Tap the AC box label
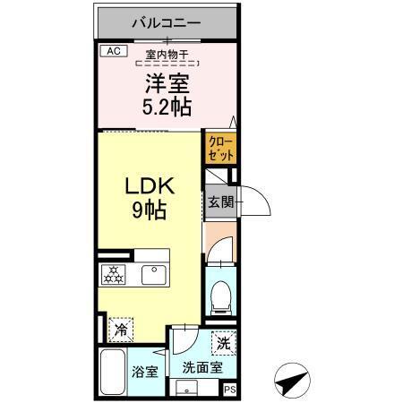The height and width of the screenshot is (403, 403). click(x=112, y=52)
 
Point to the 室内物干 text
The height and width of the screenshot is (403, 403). click(x=167, y=56)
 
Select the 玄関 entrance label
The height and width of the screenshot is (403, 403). click(x=220, y=202)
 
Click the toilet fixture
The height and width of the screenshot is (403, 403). click(x=220, y=294)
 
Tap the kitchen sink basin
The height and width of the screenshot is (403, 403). click(x=156, y=274)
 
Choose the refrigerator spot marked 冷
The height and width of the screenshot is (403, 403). click(x=120, y=329)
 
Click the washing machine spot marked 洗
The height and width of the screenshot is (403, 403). click(x=223, y=340)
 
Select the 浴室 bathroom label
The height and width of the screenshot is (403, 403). click(x=144, y=371)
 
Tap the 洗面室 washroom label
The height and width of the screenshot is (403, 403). click(x=196, y=368)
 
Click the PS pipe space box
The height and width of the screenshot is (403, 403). click(x=230, y=390)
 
